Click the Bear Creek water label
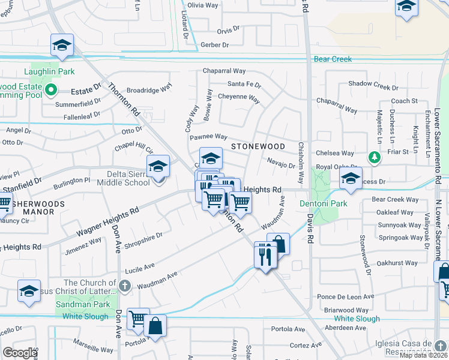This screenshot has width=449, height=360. [333, 59]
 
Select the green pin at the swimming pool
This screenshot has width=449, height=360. [51, 91]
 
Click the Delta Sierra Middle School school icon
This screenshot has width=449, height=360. [158, 166]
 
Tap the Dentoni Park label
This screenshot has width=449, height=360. [323, 204]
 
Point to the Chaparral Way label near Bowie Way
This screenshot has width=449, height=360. [224, 71]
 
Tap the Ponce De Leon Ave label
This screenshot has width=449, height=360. [345, 296]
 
